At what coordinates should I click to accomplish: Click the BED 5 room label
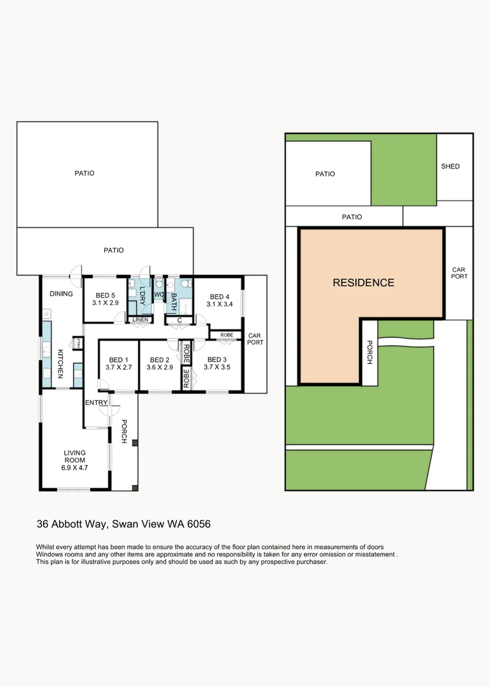coord(105,295)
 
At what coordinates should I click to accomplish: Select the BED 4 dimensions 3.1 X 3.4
coord(219,305)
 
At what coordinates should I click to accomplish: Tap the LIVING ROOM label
coord(74,453)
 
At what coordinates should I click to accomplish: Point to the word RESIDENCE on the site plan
coord(364,283)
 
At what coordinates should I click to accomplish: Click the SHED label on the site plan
coord(450,167)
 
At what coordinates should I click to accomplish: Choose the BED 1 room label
coord(118,360)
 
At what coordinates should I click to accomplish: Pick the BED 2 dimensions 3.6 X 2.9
coord(160,368)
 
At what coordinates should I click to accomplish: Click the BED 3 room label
coord(217,360)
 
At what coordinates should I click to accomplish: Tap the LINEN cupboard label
coord(140,319)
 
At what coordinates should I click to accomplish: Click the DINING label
coord(61,294)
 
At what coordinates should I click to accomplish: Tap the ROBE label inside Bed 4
coord(226,335)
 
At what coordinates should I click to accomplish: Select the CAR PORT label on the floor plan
coord(255,339)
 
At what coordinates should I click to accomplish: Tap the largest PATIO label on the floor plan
coord(84,173)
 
